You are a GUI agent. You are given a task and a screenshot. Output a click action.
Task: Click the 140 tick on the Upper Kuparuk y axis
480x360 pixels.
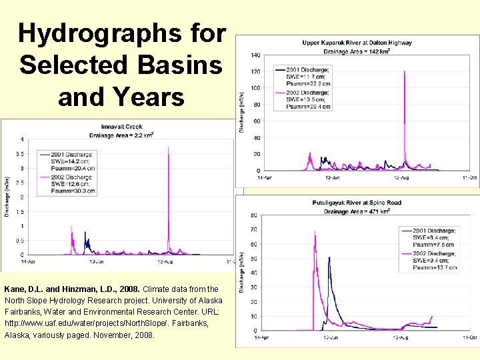255,55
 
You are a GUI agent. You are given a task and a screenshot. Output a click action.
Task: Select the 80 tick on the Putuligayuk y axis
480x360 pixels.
253,215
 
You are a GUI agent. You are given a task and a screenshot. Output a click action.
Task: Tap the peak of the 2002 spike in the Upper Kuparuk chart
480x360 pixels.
405,72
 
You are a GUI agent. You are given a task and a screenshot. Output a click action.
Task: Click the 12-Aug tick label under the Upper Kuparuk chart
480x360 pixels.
401,177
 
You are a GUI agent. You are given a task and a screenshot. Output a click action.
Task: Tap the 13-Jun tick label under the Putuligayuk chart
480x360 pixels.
329,339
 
